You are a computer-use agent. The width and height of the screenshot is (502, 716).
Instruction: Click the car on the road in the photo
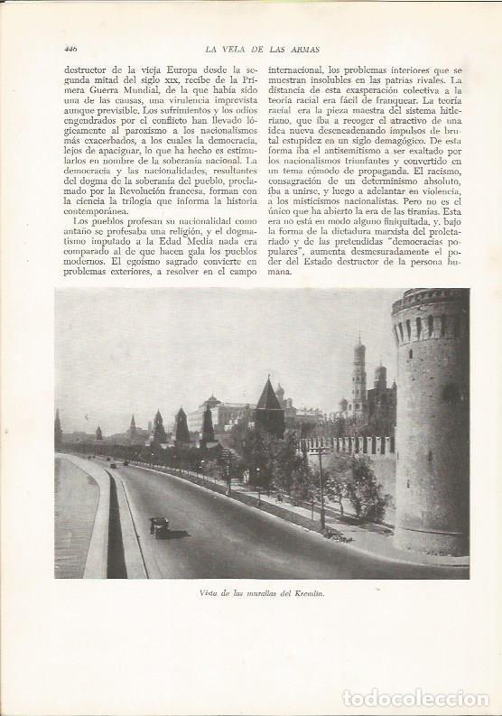(159, 525)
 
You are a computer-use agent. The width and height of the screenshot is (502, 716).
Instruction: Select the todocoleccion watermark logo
(414, 698)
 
